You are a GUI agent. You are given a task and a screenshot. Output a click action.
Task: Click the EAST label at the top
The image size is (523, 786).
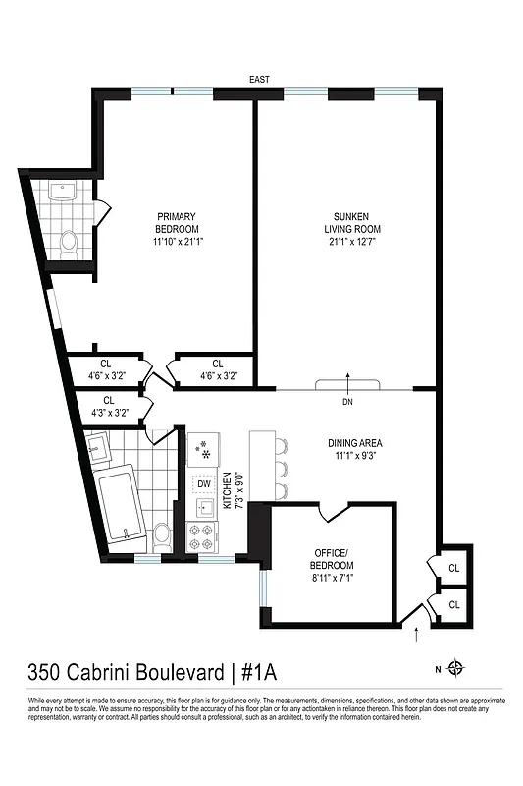[x=259, y=79]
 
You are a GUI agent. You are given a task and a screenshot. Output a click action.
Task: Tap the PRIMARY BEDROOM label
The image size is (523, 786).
[x=177, y=217]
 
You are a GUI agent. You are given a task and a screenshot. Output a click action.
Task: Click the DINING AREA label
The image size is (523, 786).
[x=355, y=442]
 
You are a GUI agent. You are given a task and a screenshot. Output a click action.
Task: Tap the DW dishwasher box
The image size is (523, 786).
[x=204, y=483]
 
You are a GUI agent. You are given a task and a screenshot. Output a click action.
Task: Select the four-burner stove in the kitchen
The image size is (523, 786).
[x=202, y=536]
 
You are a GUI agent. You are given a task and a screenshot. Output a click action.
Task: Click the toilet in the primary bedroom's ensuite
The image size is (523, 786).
[x=69, y=242]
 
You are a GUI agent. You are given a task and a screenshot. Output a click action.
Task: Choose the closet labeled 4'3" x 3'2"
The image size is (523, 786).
[x=109, y=406]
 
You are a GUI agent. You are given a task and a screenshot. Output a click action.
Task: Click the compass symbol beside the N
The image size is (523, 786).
[x=454, y=669]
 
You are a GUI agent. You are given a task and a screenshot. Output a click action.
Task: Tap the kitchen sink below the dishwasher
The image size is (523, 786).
[x=204, y=508]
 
